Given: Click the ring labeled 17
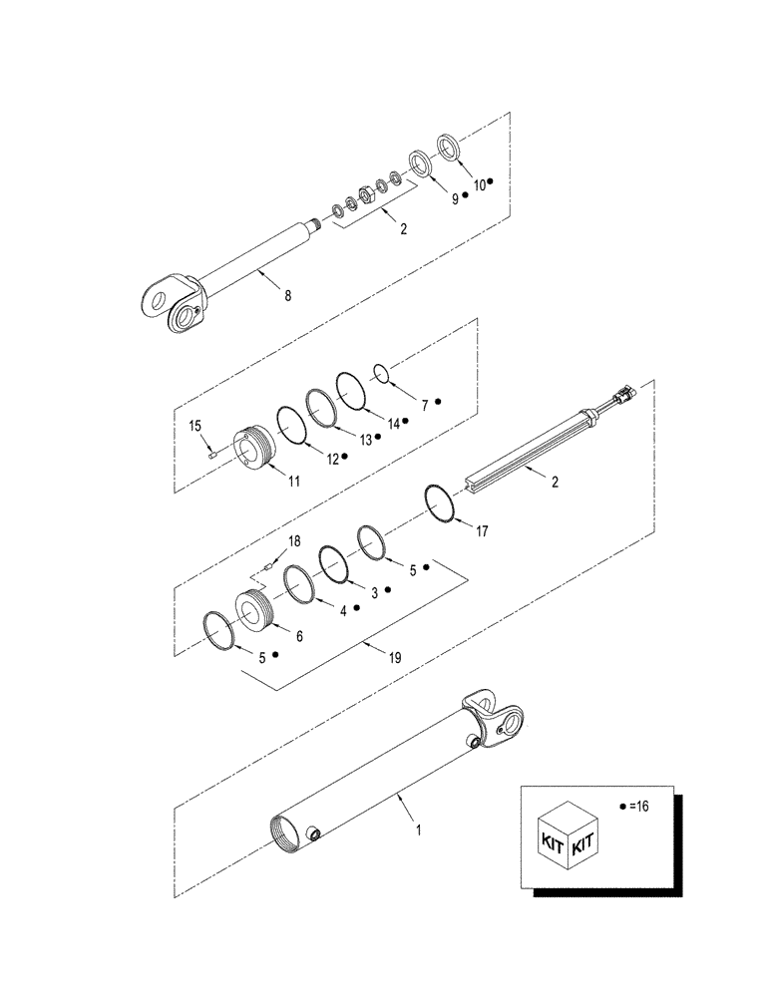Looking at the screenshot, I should (x=440, y=500).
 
